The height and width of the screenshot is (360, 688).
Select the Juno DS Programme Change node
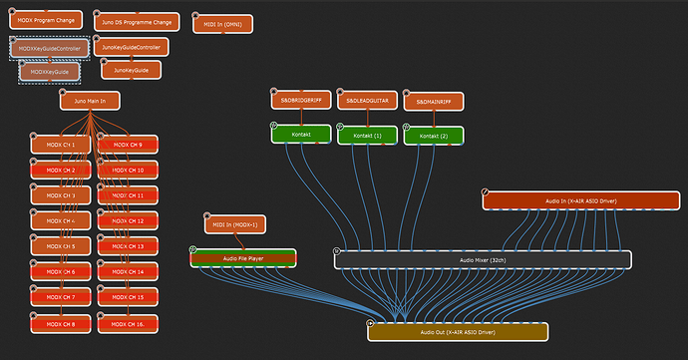click(x=136, y=21)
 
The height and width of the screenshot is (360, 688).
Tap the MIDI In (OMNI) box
click(x=221, y=23)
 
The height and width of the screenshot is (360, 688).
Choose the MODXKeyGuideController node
click(x=51, y=48)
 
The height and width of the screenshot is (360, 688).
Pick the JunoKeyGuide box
click(x=131, y=70)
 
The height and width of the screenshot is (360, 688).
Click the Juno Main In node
click(x=89, y=100)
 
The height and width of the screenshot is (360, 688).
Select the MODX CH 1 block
click(x=61, y=145)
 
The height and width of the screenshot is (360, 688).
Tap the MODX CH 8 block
click(x=61, y=323)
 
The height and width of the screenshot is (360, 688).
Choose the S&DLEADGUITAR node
click(x=367, y=101)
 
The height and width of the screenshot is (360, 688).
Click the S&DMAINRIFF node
click(x=434, y=101)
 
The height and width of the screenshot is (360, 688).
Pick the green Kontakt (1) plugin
click(x=367, y=135)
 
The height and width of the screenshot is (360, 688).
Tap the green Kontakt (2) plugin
click(x=434, y=135)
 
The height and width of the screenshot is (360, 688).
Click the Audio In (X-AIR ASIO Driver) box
click(x=580, y=200)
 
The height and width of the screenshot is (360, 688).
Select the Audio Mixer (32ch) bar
click(x=483, y=260)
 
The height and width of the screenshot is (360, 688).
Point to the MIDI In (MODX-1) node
click(x=235, y=224)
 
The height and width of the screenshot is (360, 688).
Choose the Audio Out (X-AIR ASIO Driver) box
click(x=458, y=331)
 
